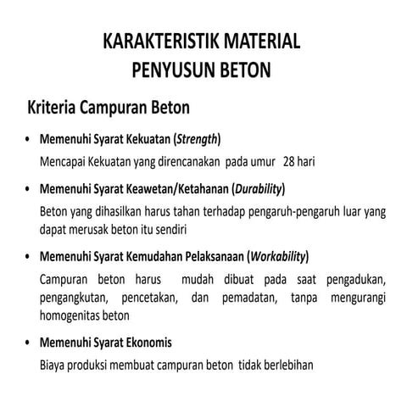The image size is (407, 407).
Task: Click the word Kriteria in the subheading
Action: pos(52,109)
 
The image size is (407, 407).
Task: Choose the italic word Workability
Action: pos(277,255)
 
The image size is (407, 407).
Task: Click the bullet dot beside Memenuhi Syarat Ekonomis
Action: pos(29,343)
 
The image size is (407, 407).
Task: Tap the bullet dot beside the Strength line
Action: pos(29,139)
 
